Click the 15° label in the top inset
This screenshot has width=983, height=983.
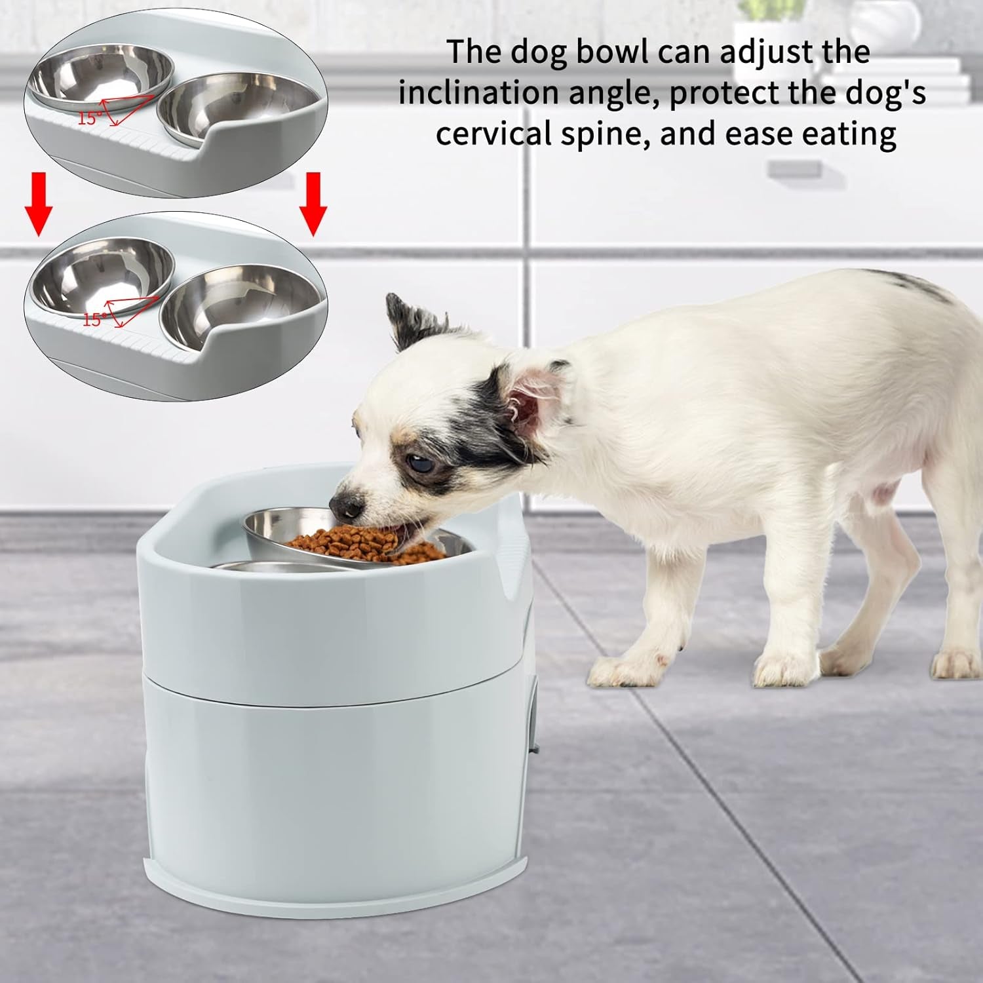[x=90, y=118]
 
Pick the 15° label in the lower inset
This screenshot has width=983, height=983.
[x=95, y=318]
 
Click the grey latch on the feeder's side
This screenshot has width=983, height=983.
[x=533, y=718]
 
